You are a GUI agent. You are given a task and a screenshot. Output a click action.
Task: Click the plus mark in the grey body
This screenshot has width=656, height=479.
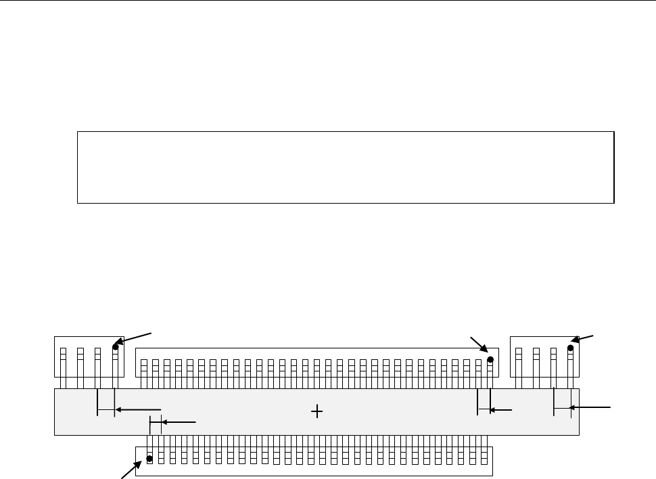pyautogui.click(x=317, y=411)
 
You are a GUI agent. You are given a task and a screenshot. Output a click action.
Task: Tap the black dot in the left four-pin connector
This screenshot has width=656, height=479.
pyautogui.click(x=116, y=348)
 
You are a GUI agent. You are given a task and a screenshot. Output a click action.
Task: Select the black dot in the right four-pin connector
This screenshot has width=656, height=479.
pyautogui.click(x=571, y=348)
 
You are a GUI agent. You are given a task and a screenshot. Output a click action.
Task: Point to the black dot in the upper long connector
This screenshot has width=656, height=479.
pyautogui.click(x=490, y=360)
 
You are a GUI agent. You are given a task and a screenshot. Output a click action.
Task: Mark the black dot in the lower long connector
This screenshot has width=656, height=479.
pyautogui.click(x=149, y=459)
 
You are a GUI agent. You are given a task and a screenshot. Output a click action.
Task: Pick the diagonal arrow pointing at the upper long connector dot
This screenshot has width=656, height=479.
pyautogui.click(x=479, y=344)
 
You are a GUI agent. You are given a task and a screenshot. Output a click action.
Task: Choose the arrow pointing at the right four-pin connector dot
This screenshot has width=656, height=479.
pyautogui.click(x=584, y=339)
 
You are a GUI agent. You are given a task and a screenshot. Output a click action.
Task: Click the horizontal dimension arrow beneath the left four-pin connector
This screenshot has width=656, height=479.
pyautogui.click(x=138, y=409)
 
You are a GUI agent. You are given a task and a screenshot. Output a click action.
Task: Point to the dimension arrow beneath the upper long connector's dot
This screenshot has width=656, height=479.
pyautogui.click(x=501, y=409)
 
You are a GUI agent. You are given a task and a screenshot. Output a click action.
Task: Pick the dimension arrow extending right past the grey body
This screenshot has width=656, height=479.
pyautogui.click(x=591, y=407)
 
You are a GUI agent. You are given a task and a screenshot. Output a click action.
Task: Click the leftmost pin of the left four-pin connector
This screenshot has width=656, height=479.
pyautogui.click(x=62, y=363)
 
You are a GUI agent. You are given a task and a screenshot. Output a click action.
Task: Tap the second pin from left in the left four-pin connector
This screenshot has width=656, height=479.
pyautogui.click(x=80, y=363)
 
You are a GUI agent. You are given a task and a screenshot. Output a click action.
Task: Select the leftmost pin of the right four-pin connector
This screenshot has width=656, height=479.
pyautogui.click(x=518, y=363)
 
